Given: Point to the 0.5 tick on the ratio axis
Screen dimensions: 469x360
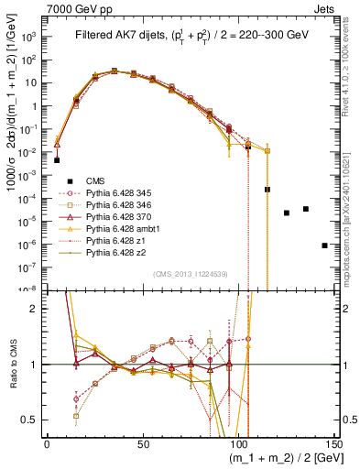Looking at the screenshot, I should click(x=34, y=420).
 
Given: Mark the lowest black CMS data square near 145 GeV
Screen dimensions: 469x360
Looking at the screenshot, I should click(x=325, y=245).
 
